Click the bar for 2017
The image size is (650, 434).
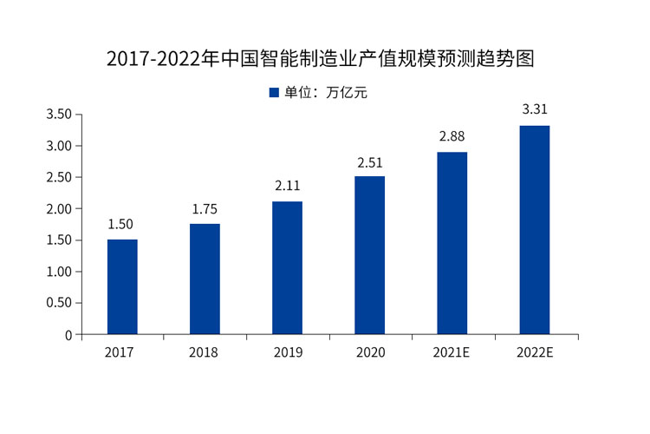click(122, 286)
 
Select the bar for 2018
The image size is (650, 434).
click(205, 279)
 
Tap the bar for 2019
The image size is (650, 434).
click(287, 267)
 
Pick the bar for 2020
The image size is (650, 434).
click(369, 255)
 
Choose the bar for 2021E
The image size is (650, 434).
click(452, 243)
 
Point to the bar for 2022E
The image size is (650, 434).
click(534, 230)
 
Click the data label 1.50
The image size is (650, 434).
click(122, 224)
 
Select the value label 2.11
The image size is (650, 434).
click(287, 186)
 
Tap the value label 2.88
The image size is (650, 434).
click(452, 137)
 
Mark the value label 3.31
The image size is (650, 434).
click(534, 110)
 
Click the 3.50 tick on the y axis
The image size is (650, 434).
click(59, 115)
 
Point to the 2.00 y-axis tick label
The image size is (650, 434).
click(59, 209)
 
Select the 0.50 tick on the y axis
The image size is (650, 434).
click(59, 303)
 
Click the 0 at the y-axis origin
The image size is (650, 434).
click(68, 335)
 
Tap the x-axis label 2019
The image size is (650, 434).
click(287, 352)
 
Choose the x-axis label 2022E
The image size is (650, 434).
click(534, 352)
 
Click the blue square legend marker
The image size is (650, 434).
click(273, 93)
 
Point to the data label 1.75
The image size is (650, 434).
click(205, 208)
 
